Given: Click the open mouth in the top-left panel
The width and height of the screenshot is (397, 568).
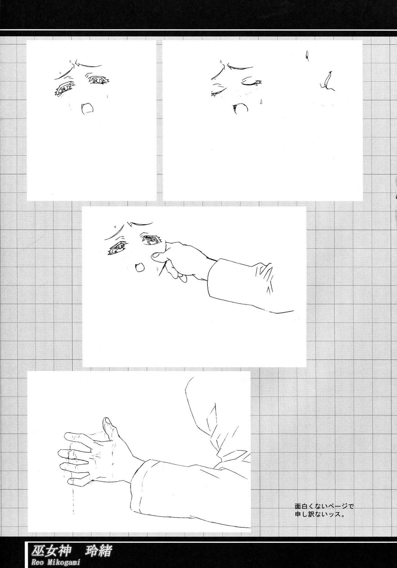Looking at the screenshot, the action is pyautogui.click(x=87, y=109).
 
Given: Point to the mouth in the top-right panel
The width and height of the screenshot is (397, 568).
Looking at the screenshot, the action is pyautogui.click(x=240, y=107).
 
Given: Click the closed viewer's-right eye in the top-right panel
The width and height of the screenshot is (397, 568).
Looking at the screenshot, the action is pyautogui.click(x=251, y=82).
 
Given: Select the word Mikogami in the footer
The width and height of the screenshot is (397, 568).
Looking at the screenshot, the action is pyautogui.click(x=63, y=562).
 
